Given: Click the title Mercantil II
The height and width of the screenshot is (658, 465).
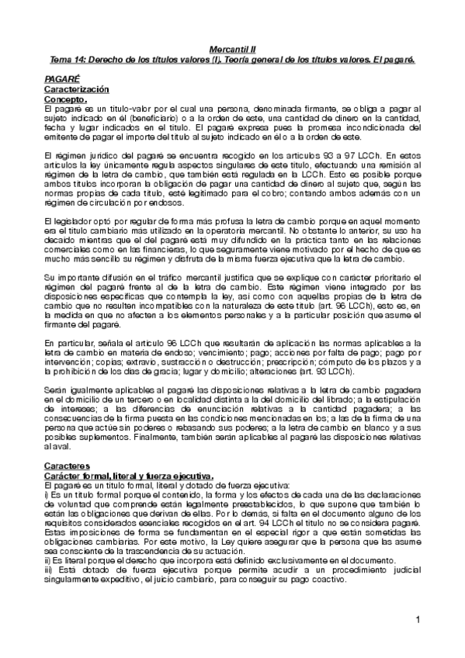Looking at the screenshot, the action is click(232, 48).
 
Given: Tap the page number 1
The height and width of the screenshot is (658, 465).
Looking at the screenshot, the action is click(417, 619).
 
